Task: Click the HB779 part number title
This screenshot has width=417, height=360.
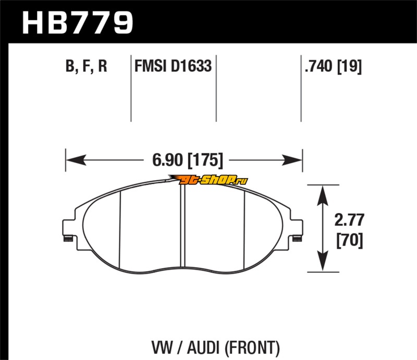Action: (x=77, y=22)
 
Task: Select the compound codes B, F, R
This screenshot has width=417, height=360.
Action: (x=86, y=66)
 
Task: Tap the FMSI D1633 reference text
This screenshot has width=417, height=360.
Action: (x=173, y=66)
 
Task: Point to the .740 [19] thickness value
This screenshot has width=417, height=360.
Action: (x=333, y=66)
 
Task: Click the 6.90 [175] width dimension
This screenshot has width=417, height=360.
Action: (x=188, y=160)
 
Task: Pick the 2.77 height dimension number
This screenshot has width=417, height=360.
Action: (x=349, y=220)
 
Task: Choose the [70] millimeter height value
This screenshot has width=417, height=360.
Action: (x=350, y=240)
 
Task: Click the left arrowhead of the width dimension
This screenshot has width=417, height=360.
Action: (x=76, y=160)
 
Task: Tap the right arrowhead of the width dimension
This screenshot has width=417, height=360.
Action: (x=292, y=160)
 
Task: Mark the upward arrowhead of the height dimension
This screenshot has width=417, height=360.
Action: (x=323, y=195)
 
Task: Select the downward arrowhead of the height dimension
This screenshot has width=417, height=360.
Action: (x=323, y=261)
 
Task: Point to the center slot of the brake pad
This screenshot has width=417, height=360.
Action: (x=183, y=225)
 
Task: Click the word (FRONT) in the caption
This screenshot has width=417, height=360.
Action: (x=252, y=348)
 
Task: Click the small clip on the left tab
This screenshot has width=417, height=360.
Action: (x=68, y=239)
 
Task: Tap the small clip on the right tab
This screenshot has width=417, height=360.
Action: (x=297, y=239)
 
